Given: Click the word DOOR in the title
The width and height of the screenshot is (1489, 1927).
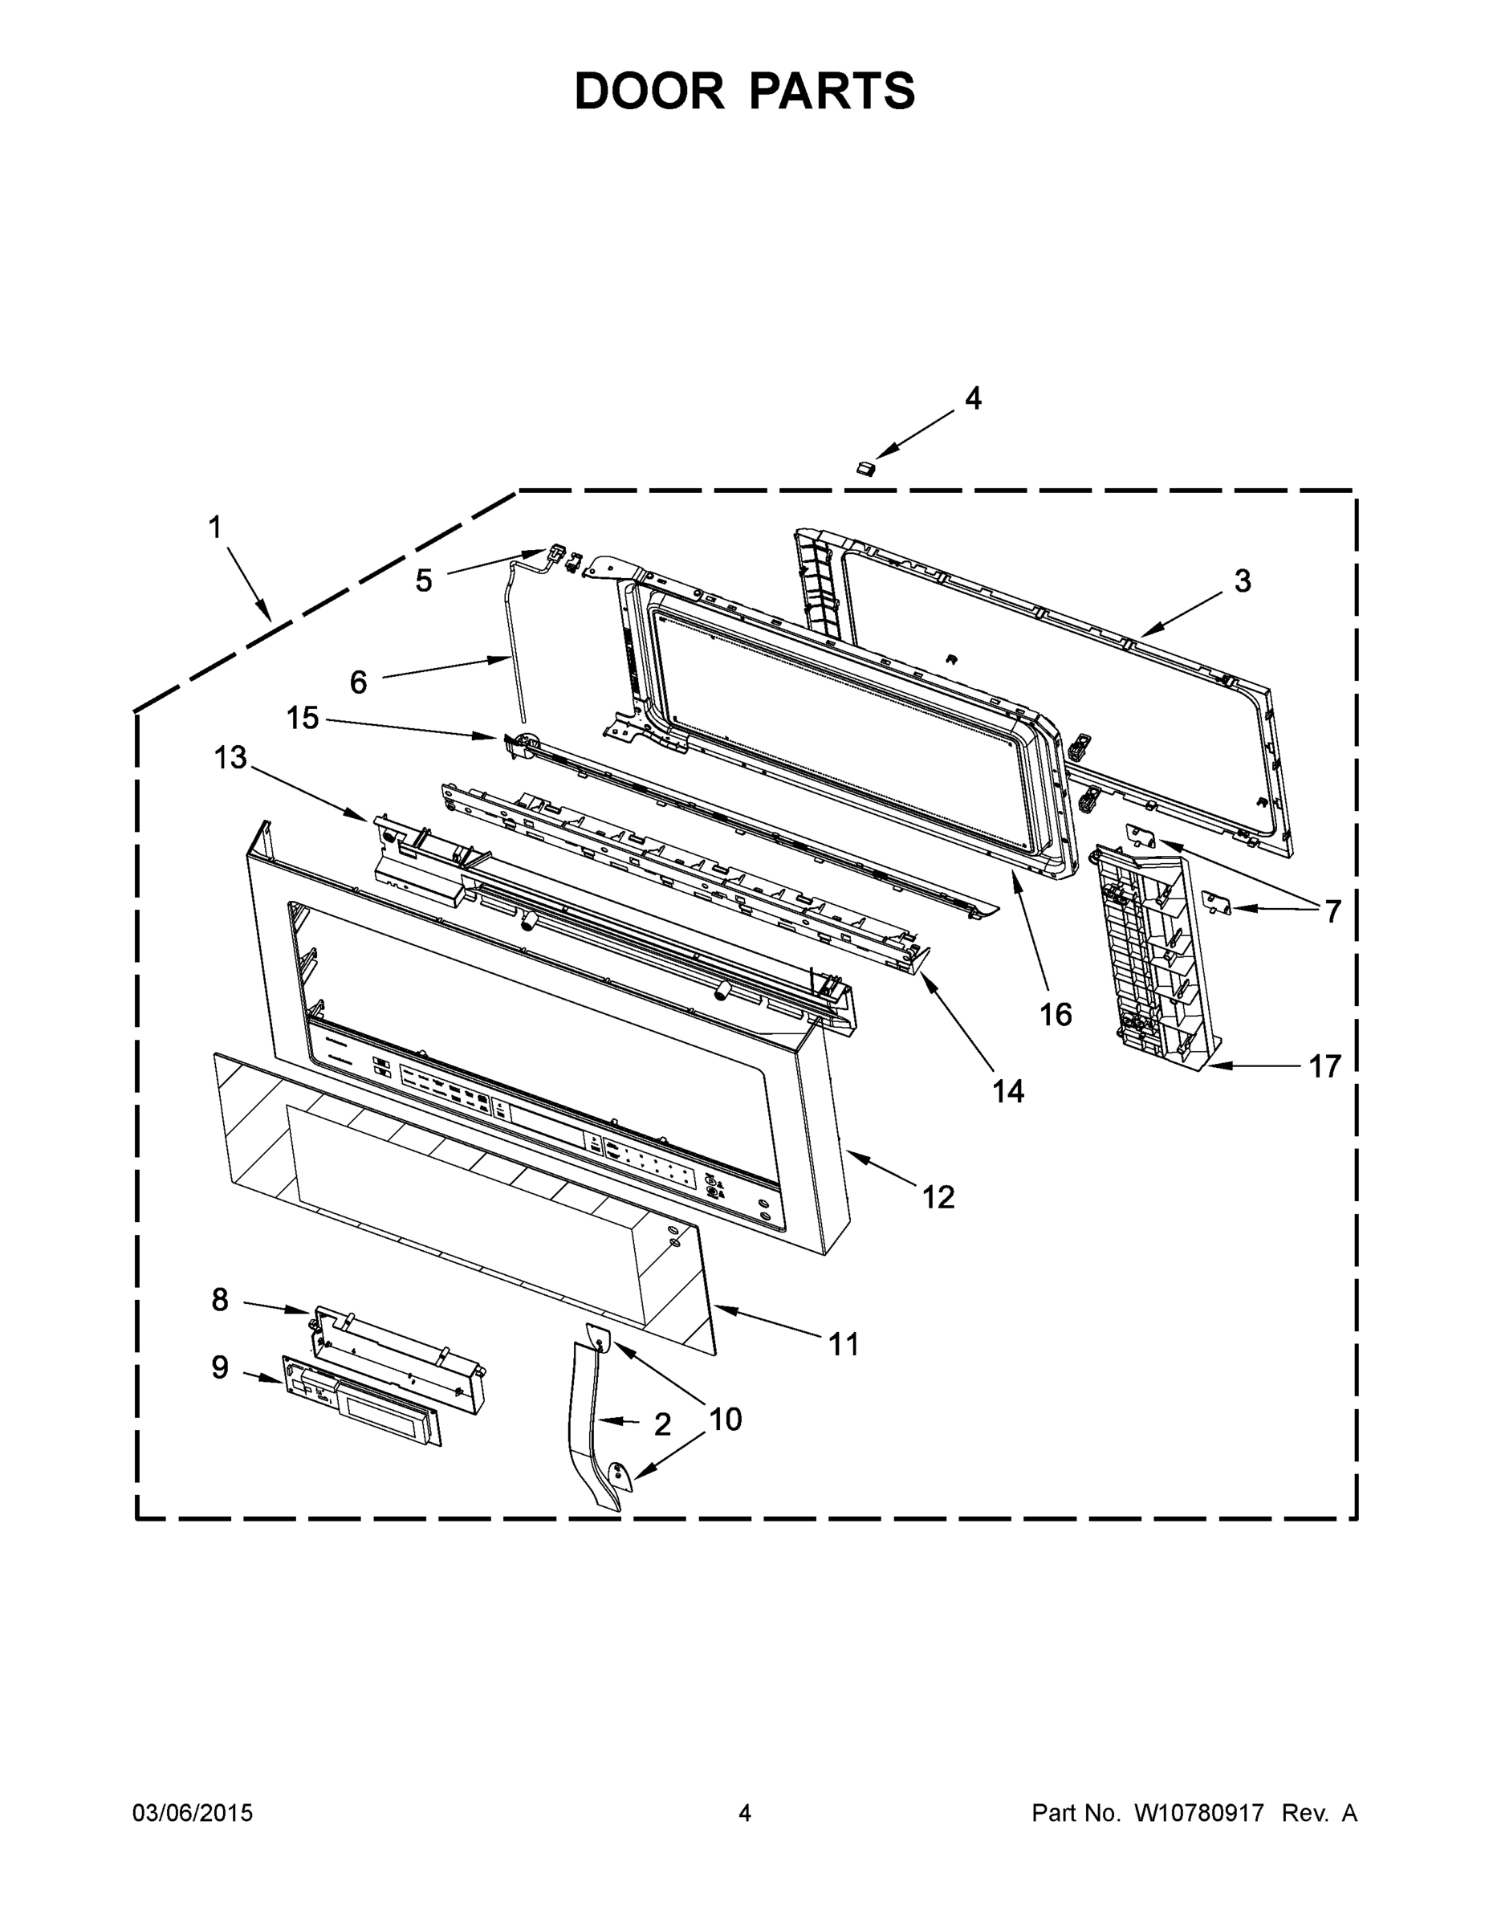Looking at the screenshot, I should pyautogui.click(x=649, y=91).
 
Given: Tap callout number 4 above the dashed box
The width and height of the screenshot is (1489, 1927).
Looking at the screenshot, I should pyautogui.click(x=972, y=399).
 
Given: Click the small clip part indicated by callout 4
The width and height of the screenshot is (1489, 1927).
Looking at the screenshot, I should pyautogui.click(x=865, y=466).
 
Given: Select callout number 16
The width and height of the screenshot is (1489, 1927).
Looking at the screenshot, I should pyautogui.click(x=1055, y=1015).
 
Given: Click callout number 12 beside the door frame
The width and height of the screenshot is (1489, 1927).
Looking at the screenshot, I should pyautogui.click(x=938, y=1197).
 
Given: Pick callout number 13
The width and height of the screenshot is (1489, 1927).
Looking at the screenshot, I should pyautogui.click(x=230, y=757).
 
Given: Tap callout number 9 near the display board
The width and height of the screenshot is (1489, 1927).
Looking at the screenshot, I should pyautogui.click(x=220, y=1367).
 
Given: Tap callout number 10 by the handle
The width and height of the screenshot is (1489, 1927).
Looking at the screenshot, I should pyautogui.click(x=725, y=1419).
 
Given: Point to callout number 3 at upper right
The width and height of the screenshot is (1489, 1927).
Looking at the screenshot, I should pyautogui.click(x=1242, y=581).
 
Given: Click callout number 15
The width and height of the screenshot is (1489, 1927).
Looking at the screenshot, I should pyautogui.click(x=302, y=719).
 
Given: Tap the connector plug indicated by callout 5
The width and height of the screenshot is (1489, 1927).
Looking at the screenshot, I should pyautogui.click(x=556, y=555).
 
